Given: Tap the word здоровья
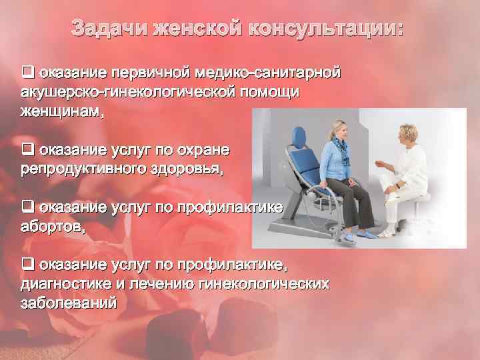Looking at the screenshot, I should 193,169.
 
